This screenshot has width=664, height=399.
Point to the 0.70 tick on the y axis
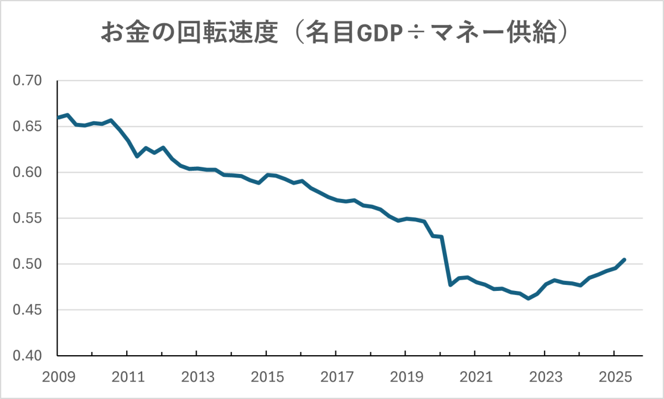click(27, 81)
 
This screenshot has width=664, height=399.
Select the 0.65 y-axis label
click(27, 127)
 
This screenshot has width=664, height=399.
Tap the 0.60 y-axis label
click(27, 172)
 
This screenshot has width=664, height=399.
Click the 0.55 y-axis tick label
click(27, 218)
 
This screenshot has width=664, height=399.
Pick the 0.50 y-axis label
click(27, 264)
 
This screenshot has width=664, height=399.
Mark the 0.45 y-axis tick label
click(27, 310)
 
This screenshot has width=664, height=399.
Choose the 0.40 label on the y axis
click(27, 356)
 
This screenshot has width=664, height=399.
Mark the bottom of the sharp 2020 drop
click(450, 285)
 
